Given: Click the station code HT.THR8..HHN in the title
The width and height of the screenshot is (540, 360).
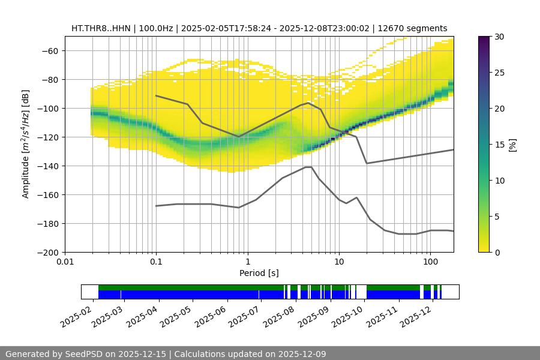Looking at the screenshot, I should tap(98, 28).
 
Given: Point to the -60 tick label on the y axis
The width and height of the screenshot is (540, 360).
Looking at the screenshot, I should tap(49, 50).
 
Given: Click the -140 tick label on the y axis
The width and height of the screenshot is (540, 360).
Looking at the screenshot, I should tap(46, 166).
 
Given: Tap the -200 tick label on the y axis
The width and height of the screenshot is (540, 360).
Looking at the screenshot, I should tap(46, 252).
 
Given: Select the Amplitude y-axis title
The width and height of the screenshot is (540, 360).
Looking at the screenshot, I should tap(26, 145).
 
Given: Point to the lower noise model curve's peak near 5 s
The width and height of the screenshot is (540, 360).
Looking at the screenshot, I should tap(308, 167).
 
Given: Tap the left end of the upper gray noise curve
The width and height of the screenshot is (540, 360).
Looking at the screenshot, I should tap(156, 95).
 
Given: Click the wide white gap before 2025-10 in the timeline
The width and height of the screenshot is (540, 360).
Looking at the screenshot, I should tap(361, 292).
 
